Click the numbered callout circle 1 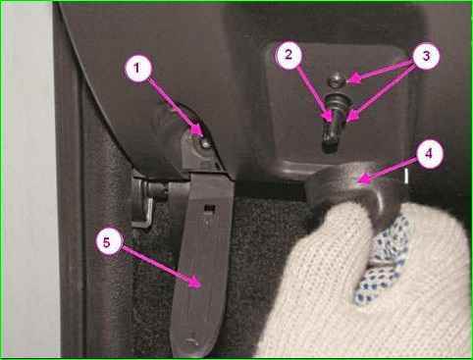click(138, 69)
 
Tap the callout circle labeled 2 click(289, 55)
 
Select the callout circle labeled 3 click(426, 56)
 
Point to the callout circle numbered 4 click(430, 154)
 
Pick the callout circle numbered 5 click(109, 241)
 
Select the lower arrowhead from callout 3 click(349, 117)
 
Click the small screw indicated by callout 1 click(205, 143)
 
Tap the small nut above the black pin click(335, 80)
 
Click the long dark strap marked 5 click(203, 262)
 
